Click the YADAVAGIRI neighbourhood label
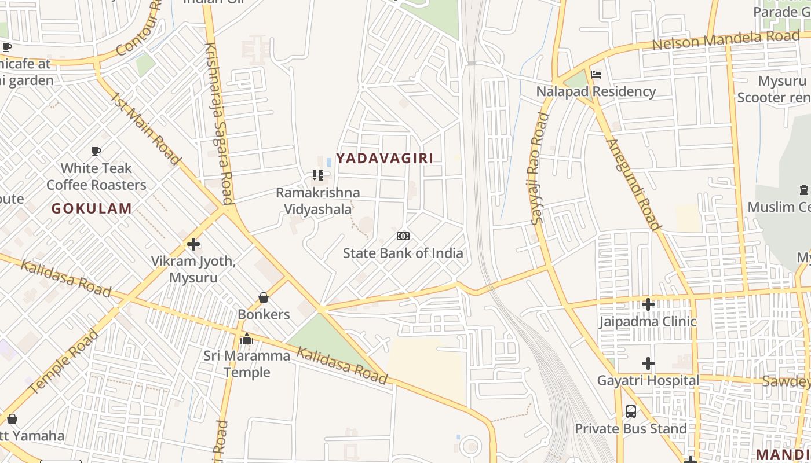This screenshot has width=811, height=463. tap(385, 158)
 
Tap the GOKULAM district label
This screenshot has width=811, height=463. tap(92, 208)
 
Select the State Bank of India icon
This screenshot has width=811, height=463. tap(403, 236)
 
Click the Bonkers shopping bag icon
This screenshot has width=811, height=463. tap(264, 297)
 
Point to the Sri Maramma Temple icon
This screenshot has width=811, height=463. tap(247, 339)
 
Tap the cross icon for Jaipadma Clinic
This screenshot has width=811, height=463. tap(648, 304)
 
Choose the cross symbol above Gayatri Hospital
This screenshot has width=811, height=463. tap(648, 363)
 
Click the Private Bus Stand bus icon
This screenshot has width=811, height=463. tap(631, 411)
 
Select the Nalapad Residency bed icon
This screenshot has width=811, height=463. tap(596, 75)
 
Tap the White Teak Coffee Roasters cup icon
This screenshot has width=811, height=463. tap(96, 152)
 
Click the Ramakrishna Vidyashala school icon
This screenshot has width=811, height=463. tap(317, 175)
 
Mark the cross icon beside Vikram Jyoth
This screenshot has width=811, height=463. tap(193, 244)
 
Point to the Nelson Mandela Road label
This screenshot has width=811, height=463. tap(725, 41)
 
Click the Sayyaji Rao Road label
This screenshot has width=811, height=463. tap(538, 168)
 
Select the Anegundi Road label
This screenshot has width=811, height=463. tap(633, 184)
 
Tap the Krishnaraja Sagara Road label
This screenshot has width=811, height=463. tap(219, 123)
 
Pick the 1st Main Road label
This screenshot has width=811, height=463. tap(145, 127)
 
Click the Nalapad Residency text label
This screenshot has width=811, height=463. tap(596, 91)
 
